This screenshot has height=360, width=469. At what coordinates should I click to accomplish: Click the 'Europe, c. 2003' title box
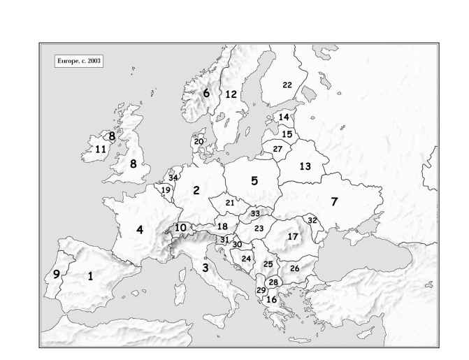pos(78,61)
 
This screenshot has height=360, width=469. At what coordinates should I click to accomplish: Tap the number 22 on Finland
pos(287,85)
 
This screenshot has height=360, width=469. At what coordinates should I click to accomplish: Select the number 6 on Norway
pos(206,92)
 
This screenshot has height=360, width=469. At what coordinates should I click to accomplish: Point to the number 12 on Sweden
pos(231,94)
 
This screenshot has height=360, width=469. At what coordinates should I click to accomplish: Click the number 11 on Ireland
pos(101,149)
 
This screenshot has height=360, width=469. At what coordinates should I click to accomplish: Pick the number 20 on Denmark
pos(199,142)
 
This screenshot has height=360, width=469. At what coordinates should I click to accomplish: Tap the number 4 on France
pos(140,229)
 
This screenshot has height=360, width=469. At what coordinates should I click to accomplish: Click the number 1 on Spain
pos(90,276)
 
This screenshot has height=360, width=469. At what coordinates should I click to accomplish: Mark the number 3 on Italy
pos(205,267)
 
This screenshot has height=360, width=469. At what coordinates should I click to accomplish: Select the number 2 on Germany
pos(196,190)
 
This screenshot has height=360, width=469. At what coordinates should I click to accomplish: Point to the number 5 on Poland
pos(254,180)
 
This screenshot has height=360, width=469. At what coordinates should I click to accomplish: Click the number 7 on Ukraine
pos(334,202)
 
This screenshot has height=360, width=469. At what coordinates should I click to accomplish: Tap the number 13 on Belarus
pos(305,166)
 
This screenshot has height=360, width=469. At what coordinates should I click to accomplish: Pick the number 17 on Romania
pos(292,237)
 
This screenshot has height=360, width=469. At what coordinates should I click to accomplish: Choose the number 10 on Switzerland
pos(180,227)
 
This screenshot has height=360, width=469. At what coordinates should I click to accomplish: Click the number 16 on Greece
pos(272,299)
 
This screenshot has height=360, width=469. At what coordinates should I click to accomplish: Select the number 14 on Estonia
pos(284,117)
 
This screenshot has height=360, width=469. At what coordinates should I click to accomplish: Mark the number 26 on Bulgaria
pos(294,268)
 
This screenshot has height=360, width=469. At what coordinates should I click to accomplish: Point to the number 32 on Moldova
pos(312,220)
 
